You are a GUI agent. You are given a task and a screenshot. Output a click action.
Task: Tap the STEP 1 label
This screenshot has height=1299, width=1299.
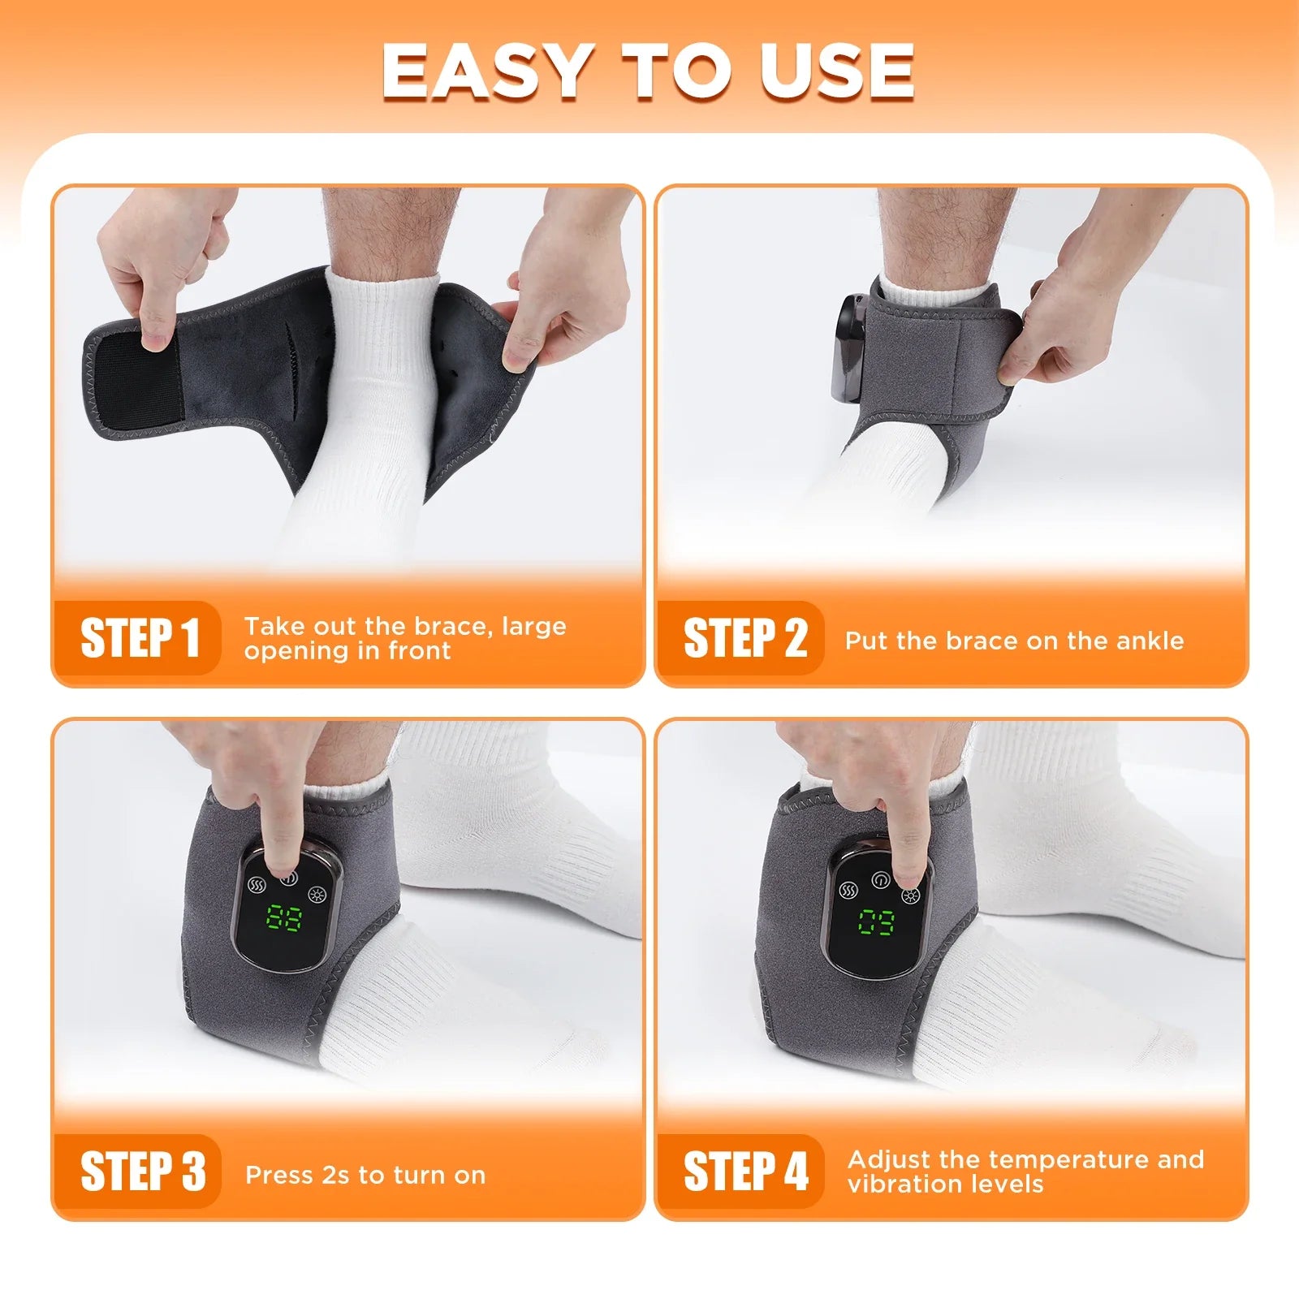point(140,638)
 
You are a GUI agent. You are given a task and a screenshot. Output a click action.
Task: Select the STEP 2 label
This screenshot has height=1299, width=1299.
point(744,638)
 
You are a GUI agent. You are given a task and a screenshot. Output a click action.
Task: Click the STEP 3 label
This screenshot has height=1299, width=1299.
point(142,1171)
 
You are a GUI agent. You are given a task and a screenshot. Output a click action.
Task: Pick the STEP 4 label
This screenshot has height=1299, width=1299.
point(745,1171)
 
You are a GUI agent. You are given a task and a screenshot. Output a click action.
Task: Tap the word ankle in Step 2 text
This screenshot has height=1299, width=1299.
point(1150,641)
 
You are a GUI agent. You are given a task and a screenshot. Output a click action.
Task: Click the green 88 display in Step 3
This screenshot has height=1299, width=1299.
point(284,918)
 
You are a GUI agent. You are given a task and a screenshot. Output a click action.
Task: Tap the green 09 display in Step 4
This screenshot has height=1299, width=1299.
point(877,922)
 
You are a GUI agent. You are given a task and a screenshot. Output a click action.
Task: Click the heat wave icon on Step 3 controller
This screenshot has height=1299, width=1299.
point(257,884)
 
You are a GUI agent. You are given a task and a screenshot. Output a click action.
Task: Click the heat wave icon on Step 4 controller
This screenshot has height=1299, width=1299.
point(849,890)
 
